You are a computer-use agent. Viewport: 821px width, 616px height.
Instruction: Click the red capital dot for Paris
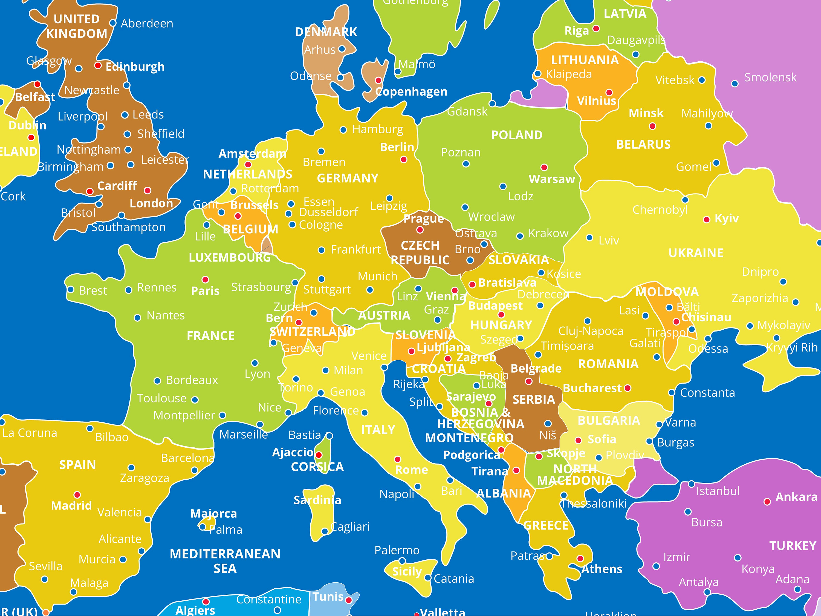(205, 279)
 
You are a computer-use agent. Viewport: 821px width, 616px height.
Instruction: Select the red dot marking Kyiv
(707, 220)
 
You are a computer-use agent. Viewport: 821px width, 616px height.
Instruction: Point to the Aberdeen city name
(147, 23)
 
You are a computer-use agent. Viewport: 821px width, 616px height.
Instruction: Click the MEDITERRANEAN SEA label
(225, 561)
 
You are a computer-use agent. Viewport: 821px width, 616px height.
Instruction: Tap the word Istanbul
(718, 491)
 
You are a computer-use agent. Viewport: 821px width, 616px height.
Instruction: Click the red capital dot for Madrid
(77, 495)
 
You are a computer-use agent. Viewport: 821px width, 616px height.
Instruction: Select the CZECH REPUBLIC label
(420, 252)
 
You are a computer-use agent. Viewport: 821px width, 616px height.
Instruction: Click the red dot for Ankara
(767, 502)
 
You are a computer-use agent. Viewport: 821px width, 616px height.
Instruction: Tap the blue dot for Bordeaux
(157, 381)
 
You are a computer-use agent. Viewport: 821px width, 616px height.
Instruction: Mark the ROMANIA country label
(608, 364)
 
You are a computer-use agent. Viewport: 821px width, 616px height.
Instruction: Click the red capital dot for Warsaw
(544, 167)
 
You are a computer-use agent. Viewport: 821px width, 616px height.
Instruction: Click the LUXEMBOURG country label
(230, 257)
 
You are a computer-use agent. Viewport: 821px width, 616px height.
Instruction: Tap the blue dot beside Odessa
(708, 339)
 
